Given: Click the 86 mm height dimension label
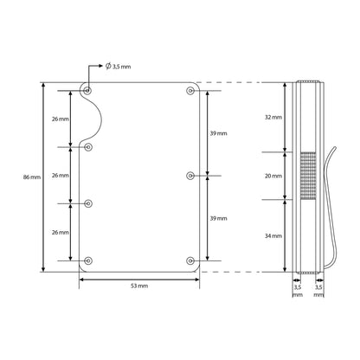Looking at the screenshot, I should click(x=30, y=177).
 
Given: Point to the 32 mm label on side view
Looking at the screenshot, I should click(x=272, y=116).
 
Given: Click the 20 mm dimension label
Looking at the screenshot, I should click(x=272, y=176).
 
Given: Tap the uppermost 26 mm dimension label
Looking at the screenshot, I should click(x=60, y=119).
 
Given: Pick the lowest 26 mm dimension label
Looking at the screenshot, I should click(x=60, y=232).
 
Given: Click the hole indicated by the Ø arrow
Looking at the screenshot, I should click(x=87, y=90).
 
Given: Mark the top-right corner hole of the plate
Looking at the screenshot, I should click(x=190, y=91).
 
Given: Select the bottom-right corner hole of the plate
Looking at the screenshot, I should click(x=190, y=260).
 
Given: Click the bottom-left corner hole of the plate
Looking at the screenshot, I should click(x=88, y=260).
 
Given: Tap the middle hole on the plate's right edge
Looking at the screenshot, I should click(x=190, y=176).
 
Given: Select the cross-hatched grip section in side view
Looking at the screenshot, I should click(x=307, y=176).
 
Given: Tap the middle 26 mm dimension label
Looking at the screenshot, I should click(x=60, y=176).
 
